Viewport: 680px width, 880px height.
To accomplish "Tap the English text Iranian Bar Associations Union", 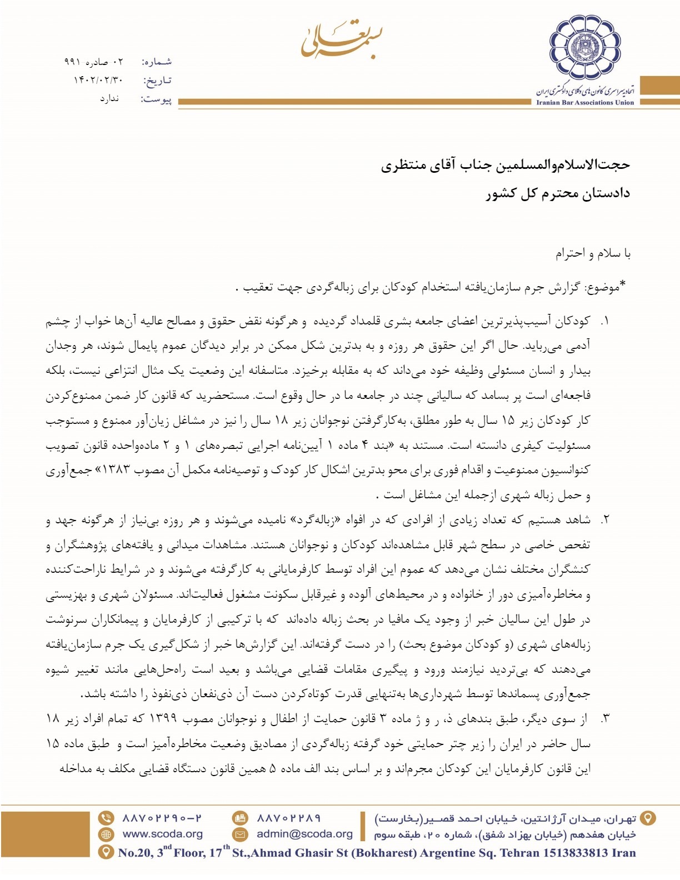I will point(584,103).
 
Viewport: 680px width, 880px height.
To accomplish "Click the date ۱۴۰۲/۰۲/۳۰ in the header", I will point(98,81).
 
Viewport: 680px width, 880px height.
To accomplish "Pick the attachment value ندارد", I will point(109,99).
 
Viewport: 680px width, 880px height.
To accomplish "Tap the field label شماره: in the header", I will point(157,62).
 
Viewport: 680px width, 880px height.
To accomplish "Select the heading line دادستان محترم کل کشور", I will point(558,194).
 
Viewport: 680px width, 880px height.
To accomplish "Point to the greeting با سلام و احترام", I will point(593,254).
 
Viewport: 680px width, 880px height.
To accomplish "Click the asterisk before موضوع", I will point(623,284).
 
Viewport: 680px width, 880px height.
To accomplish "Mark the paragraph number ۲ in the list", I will point(605,520).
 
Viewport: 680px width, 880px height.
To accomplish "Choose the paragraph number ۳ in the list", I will point(605,719).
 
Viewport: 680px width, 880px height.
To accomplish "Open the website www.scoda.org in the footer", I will point(162,834).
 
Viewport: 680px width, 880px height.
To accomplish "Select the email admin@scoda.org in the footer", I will point(304,834).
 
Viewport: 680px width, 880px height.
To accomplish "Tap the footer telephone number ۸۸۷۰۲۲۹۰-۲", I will point(162,818).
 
